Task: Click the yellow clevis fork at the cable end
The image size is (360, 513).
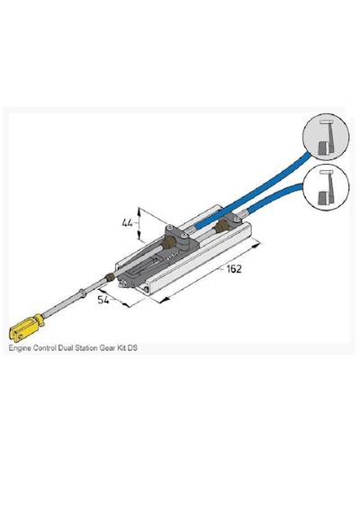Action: coord(26,328)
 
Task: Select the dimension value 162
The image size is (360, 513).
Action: coord(234,269)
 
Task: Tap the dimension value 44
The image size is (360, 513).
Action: coord(127,223)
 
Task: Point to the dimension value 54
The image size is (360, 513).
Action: coord(103,300)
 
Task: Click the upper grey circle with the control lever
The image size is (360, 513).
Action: coord(326,137)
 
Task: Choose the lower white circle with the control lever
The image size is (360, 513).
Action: coord(326,186)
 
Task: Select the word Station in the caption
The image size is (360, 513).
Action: coord(86,347)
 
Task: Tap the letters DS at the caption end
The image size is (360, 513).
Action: coord(132,347)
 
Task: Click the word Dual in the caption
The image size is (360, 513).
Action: coord(66,347)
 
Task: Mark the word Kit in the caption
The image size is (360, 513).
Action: coord(121,347)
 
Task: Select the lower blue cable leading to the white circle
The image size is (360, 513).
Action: coord(274,197)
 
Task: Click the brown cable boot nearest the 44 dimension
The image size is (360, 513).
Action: coord(170,244)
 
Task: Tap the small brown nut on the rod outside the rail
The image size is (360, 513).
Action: coord(110,278)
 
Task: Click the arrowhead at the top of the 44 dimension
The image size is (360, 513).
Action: coord(139,210)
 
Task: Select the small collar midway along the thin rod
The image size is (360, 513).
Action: coord(83,292)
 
